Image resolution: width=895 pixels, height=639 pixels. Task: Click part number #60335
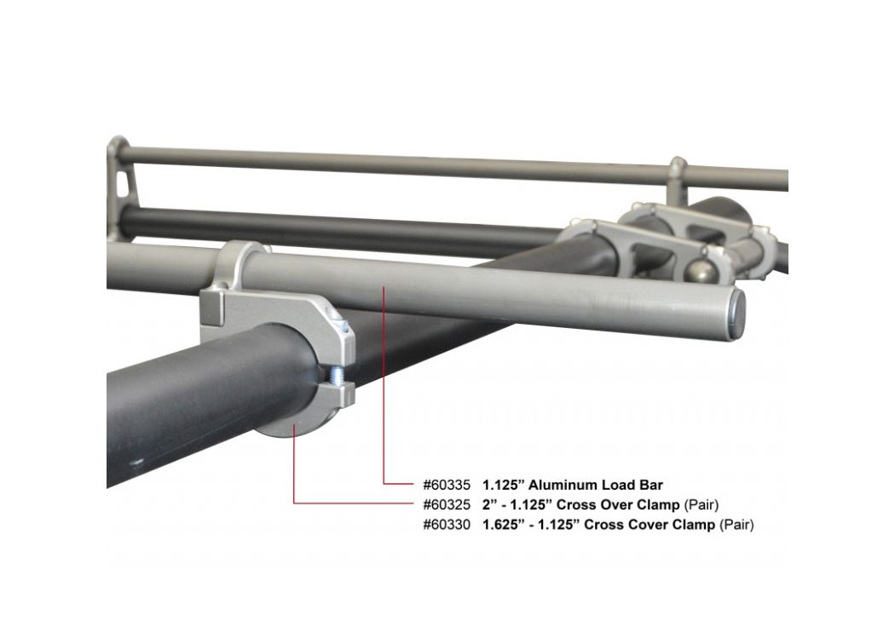coord(447,486)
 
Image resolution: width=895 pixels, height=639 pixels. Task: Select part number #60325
coord(447,505)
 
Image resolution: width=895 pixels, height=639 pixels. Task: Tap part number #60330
coord(447,524)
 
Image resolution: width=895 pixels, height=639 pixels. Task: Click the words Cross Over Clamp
coord(618,505)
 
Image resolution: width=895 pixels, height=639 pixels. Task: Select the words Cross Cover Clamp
coord(650,524)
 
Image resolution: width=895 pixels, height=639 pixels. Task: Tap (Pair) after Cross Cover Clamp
coord(737,524)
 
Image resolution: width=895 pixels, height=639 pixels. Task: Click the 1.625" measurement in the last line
coord(503,524)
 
